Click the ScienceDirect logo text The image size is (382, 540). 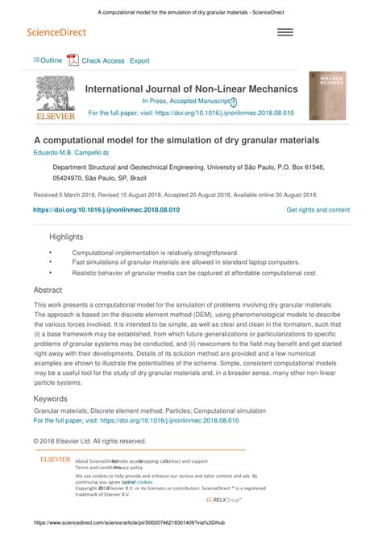56,32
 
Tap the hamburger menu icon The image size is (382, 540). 285,32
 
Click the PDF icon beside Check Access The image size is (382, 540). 72,60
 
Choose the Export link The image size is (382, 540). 139,60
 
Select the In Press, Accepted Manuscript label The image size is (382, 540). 185,101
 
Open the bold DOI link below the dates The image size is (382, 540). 106,209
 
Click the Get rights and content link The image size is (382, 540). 318,209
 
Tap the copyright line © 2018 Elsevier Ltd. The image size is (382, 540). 89,440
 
